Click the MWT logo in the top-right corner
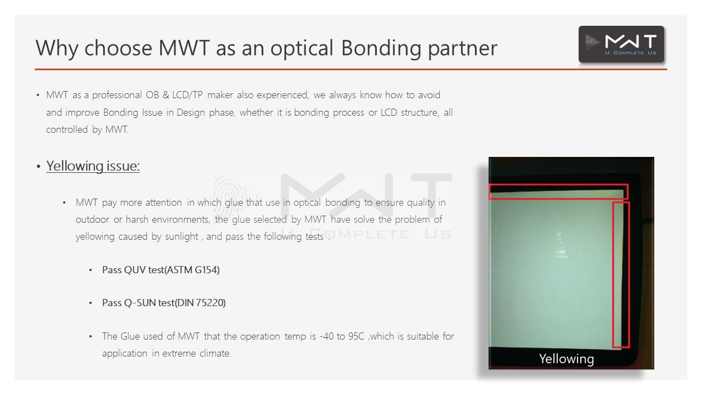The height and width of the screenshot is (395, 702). pyautogui.click(x=621, y=44)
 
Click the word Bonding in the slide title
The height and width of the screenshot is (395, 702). pyautogui.click(x=381, y=48)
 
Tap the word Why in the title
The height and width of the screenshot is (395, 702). pyautogui.click(x=56, y=48)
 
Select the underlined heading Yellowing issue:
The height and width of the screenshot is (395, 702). pyautogui.click(x=93, y=166)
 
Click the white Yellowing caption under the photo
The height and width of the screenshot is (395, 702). pyautogui.click(x=567, y=359)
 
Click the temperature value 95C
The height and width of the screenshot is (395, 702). pyautogui.click(x=356, y=336)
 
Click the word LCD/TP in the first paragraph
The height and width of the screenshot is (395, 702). pyautogui.click(x=188, y=95)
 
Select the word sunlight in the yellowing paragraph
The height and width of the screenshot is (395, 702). pyautogui.click(x=182, y=236)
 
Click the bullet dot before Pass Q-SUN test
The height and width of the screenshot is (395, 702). pyautogui.click(x=90, y=303)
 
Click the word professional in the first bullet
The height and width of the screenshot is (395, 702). pyautogui.click(x=117, y=95)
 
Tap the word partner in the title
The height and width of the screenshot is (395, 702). pyautogui.click(x=462, y=49)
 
